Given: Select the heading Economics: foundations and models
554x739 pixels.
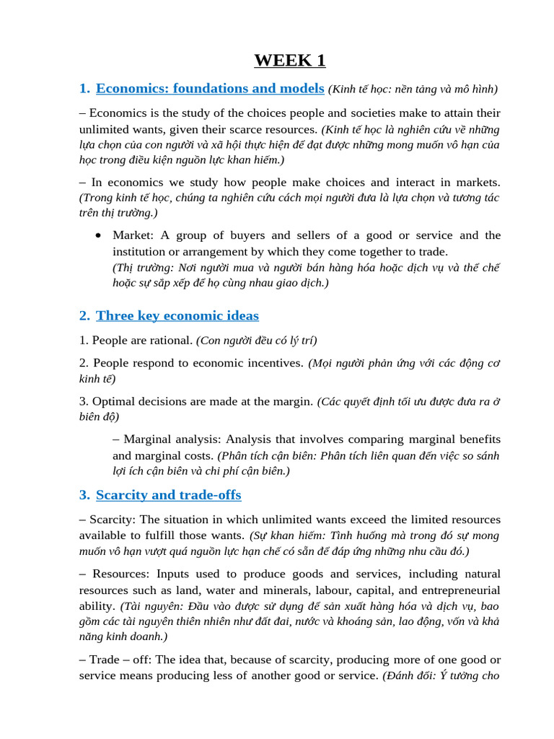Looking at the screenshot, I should (x=210, y=88).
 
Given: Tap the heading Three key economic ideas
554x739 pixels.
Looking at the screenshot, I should (x=177, y=315).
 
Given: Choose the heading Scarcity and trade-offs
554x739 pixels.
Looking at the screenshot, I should (x=169, y=495).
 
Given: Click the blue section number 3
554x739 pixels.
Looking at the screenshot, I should (x=83, y=495).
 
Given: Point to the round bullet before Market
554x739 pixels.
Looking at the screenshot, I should (x=98, y=236).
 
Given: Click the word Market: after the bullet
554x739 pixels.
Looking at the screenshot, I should (x=133, y=235).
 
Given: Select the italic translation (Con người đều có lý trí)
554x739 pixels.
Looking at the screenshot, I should (x=256, y=340).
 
